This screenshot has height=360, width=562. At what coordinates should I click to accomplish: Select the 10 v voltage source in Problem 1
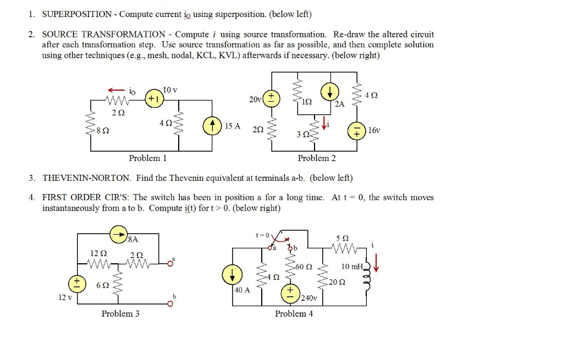click(153, 99)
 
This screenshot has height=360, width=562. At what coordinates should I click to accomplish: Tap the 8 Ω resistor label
click(102, 131)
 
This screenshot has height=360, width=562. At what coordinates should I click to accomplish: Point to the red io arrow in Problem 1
click(116, 90)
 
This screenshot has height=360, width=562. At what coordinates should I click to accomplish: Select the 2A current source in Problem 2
click(333, 92)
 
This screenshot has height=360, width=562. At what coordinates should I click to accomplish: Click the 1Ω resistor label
click(307, 102)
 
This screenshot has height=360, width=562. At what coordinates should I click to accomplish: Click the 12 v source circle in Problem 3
click(77, 284)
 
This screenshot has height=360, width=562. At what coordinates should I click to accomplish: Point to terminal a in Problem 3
click(169, 263)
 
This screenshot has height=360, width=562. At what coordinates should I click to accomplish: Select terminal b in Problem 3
click(169, 303)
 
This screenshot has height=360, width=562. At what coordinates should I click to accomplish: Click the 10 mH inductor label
click(352, 267)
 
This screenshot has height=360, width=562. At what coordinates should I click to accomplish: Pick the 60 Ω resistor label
click(304, 267)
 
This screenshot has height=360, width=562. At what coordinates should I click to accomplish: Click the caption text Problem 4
click(294, 314)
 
